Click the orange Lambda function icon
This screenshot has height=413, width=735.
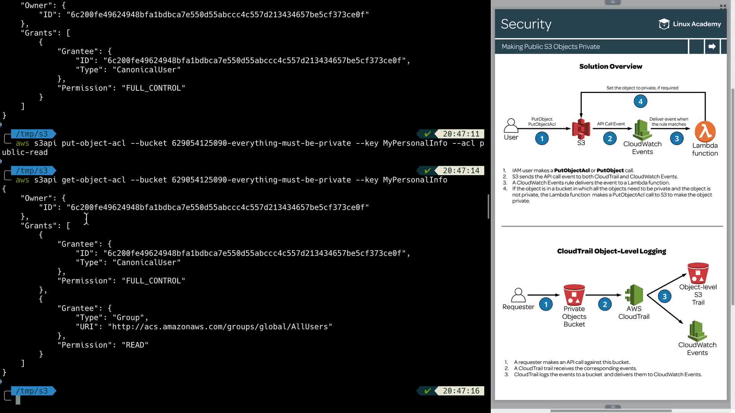(x=705, y=131)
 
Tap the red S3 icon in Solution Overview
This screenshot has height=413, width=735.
(x=581, y=129)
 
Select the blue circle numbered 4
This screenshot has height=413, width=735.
(x=640, y=101)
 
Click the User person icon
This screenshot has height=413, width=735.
(x=511, y=126)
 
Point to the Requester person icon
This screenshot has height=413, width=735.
(x=518, y=295)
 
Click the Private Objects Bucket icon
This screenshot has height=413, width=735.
(x=574, y=295)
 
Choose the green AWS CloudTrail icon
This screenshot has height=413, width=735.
(x=634, y=295)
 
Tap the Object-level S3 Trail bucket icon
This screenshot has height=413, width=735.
(x=698, y=273)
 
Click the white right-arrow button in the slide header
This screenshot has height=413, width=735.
(x=712, y=47)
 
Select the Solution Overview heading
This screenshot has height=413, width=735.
(x=611, y=67)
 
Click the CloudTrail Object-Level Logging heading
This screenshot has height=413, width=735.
(x=611, y=251)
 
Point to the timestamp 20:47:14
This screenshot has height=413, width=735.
(x=461, y=171)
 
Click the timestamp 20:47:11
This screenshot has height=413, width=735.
(x=461, y=134)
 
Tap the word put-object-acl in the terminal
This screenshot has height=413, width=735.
(x=93, y=143)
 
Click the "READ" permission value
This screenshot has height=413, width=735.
(x=135, y=345)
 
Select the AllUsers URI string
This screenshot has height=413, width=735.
(x=220, y=327)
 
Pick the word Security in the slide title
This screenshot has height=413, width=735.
(x=526, y=24)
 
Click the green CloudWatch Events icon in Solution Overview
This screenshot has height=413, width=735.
(x=642, y=130)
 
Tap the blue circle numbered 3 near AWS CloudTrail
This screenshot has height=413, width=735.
(x=665, y=296)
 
